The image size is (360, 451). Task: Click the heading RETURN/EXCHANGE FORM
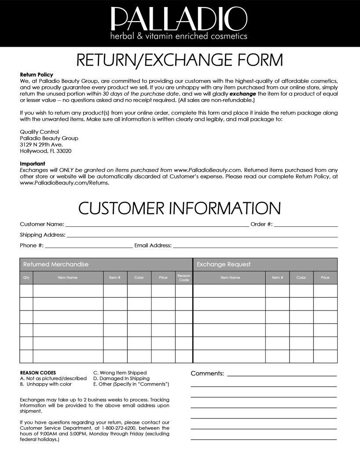pos(180,60)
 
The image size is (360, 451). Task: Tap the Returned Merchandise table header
pos(56,264)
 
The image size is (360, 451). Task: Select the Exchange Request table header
pos(224,264)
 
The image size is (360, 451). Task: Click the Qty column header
pos(26,277)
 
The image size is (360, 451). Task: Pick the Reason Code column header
pos(184,277)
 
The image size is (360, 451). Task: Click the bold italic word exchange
pos(243,94)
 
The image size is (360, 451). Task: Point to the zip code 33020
pos(64,151)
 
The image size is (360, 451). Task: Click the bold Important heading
pos(32,164)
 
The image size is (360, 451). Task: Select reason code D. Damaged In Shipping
pos(121,378)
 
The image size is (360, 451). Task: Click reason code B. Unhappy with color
pos(46,384)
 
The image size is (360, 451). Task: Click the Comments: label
pos(207,373)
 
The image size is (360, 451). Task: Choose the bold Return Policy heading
pos(36,75)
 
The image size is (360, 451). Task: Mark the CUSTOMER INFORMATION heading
pos(180,208)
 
